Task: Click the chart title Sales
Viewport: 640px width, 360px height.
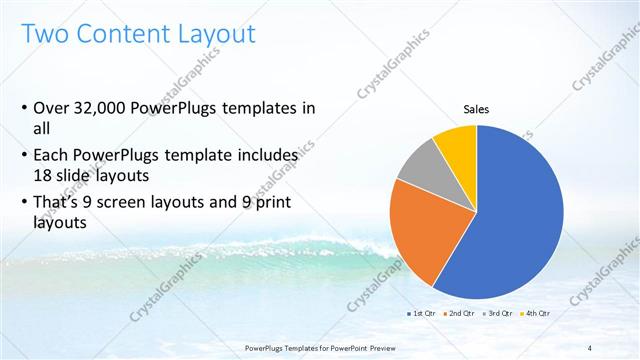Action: point(475,110)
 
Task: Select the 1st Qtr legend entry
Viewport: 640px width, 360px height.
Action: point(420,314)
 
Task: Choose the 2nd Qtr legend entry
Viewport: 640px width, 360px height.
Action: point(459,314)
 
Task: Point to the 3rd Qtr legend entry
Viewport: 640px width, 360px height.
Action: point(497,314)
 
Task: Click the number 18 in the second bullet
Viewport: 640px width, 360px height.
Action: point(43,174)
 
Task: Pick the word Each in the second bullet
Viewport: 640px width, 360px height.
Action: point(52,156)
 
